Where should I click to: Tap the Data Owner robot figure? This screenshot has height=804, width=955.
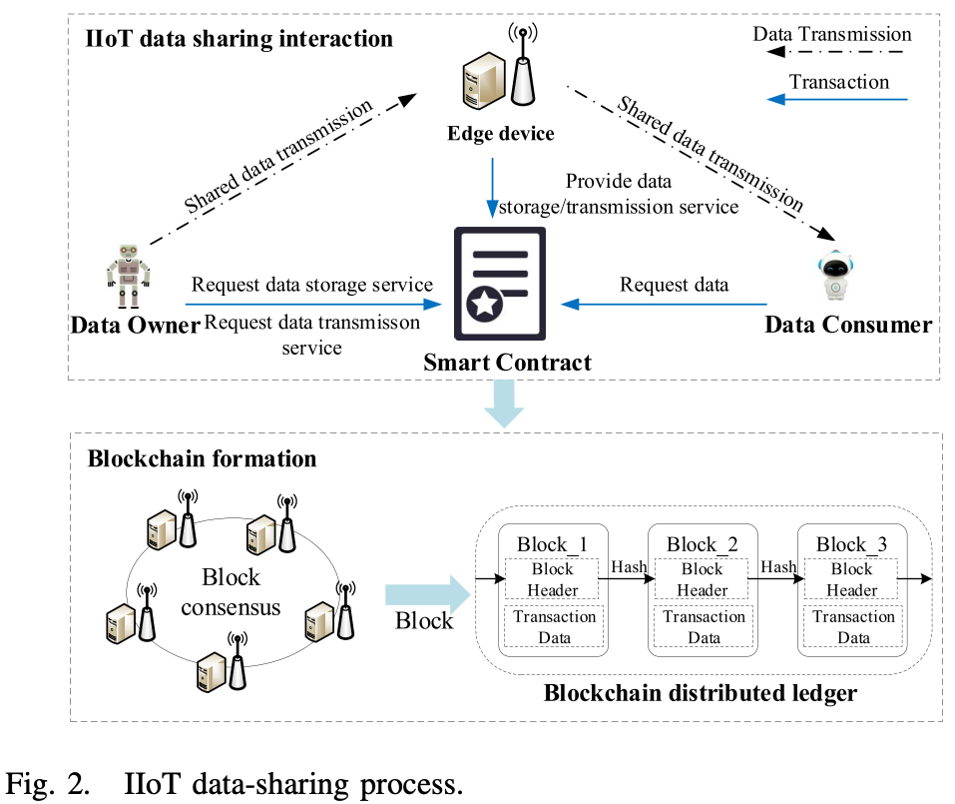coord(126,274)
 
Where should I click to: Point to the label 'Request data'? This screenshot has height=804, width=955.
coord(675,285)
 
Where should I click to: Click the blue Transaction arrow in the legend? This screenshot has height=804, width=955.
coord(838,100)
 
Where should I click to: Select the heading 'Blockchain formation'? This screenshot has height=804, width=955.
coord(202,458)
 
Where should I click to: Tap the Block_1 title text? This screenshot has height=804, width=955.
coord(554,544)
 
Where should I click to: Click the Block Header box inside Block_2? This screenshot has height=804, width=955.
coord(704,579)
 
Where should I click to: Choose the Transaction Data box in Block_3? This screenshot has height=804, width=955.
coord(853,627)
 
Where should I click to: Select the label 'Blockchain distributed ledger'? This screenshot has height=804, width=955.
coord(700,692)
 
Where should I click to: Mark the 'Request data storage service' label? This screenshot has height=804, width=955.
coord(312,284)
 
